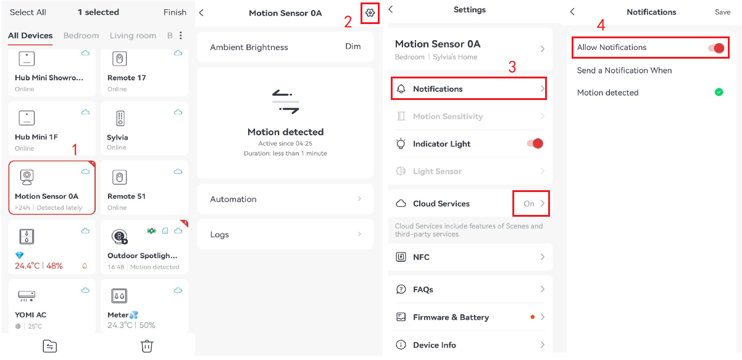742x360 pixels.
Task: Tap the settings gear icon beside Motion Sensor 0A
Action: tap(370, 12)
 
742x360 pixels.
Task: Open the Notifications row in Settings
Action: tap(469, 89)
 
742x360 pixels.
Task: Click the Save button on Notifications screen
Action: tap(722, 12)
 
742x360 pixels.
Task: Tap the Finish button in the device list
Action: tap(175, 12)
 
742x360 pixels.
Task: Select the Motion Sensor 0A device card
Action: tap(52, 187)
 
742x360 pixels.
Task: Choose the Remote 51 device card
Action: tap(144, 187)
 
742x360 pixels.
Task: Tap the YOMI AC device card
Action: tap(52, 306)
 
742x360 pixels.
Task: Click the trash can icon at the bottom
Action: tap(147, 346)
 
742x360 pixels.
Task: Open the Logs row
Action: tap(285, 235)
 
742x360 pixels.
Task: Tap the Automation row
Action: tap(285, 199)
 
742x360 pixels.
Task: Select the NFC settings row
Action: tap(470, 257)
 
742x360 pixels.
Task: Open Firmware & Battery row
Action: tap(470, 317)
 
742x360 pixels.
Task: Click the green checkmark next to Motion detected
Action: tap(719, 93)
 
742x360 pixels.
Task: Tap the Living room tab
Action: tap(133, 36)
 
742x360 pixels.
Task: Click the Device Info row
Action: tap(470, 345)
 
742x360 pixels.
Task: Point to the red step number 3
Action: tap(512, 67)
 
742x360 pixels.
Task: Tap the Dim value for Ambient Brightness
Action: tap(352, 47)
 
